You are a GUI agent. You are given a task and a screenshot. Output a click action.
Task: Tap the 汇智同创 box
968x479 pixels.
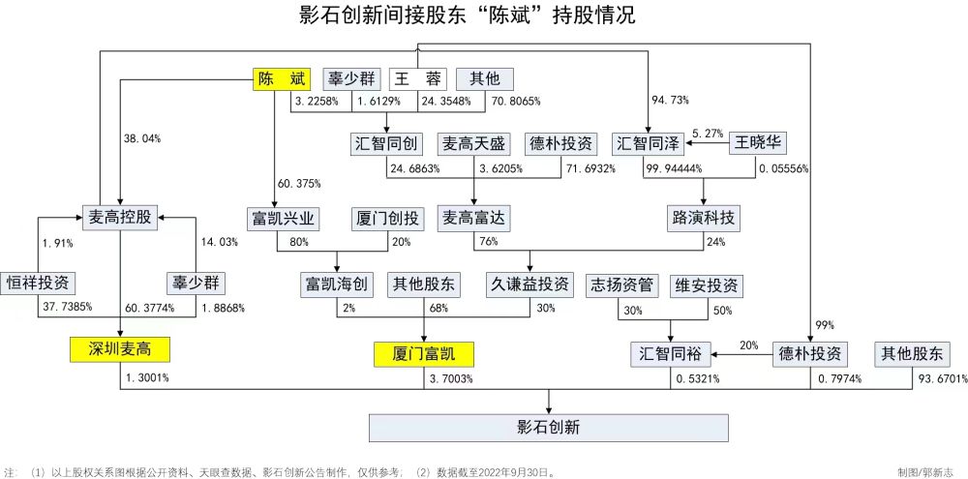[385, 144]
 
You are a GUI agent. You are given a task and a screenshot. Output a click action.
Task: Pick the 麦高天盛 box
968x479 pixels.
[474, 144]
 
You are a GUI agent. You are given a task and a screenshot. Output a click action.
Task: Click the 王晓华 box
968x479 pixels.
[758, 144]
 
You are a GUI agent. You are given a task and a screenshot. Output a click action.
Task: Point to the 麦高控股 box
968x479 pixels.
[120, 218]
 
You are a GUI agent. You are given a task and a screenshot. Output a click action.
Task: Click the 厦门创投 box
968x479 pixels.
[388, 218]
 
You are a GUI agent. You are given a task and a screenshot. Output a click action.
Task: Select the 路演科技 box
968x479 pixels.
[705, 218]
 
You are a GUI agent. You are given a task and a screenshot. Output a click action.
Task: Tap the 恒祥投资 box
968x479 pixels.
[38, 284]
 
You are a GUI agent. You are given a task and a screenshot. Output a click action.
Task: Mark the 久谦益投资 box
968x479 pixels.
[529, 284]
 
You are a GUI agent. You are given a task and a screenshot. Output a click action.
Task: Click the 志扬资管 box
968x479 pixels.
[619, 284]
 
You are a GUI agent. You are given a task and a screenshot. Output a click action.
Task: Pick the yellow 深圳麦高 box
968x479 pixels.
[120, 350]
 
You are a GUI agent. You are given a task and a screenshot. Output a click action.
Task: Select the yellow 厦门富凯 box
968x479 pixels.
[424, 355]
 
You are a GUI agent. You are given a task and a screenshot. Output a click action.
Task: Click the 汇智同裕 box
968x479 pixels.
[671, 354]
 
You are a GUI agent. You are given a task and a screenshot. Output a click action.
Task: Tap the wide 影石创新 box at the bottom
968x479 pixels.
[549, 428]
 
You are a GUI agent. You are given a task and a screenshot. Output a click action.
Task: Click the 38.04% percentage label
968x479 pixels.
[142, 139]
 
